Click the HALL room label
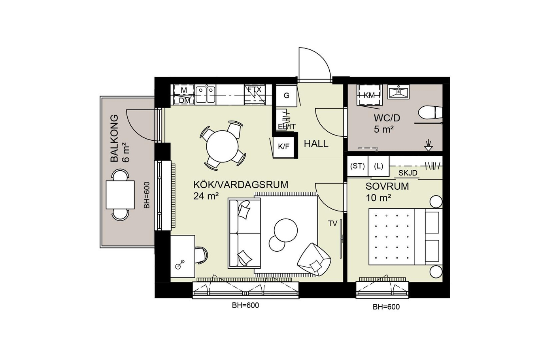pos(316,144)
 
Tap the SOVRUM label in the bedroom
pos(387,186)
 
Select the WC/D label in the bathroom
pos(387,118)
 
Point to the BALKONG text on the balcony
pos(114,138)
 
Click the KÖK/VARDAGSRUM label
pos(241,185)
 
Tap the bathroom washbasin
pos(398,92)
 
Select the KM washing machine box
pos(369,95)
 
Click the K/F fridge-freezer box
pos(284,147)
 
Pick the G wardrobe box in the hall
pos(286,96)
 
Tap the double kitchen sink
pos(206,94)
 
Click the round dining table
pos(222,146)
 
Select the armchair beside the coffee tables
pos(314,259)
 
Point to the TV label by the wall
pos(332,224)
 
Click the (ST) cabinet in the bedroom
pos(357,166)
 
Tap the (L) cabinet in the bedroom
pos(378,166)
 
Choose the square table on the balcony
pos(120,195)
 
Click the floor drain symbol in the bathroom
pos(429,146)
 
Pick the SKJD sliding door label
pos(408,173)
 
